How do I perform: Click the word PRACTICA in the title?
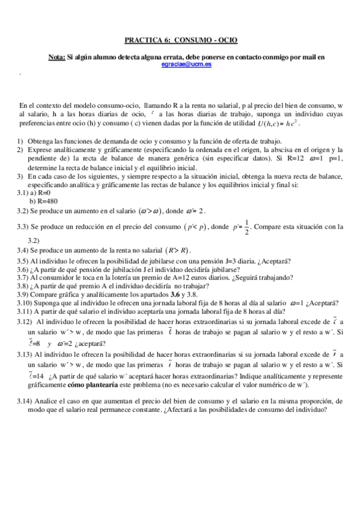click(142, 40)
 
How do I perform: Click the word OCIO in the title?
click(227, 40)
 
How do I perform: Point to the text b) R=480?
click(43, 201)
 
